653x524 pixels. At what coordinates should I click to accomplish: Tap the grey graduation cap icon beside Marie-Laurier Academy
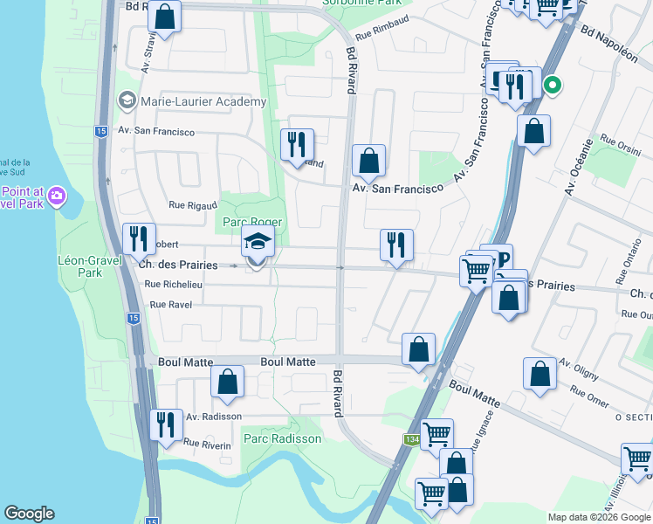127,101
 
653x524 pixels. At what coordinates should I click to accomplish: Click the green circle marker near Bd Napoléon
552,85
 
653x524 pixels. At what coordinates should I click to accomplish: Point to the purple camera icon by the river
58,194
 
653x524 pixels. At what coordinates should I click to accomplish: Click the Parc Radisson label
282,438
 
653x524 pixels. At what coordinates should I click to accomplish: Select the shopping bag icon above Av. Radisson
227,382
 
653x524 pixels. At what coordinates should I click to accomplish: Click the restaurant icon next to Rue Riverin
166,425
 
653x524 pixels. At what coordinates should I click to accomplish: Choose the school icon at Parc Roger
258,242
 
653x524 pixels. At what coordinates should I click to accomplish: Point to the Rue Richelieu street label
174,284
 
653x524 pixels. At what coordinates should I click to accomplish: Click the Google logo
29,514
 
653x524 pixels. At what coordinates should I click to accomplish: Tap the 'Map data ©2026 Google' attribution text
598,517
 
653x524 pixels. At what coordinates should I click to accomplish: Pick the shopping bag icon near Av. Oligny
540,374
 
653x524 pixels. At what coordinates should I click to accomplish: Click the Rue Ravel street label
171,305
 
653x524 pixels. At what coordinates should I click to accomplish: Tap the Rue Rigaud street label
189,205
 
